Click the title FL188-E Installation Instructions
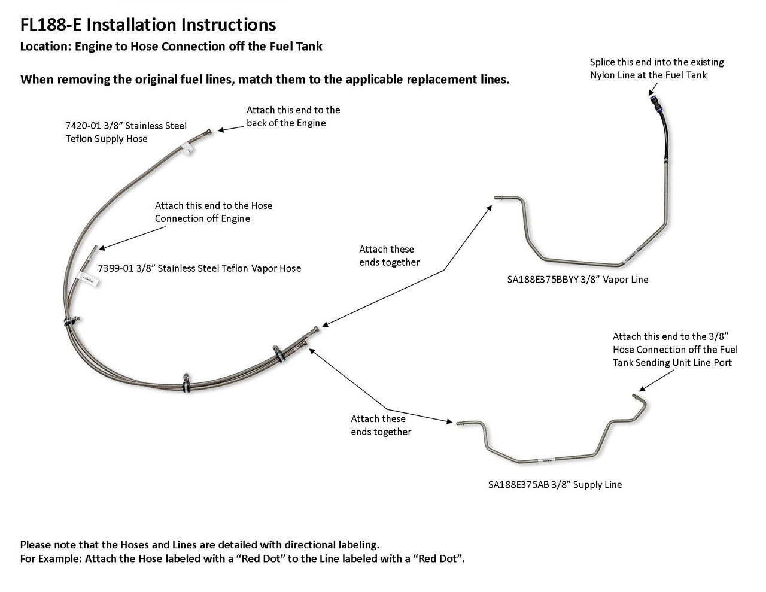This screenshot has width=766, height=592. click(148, 25)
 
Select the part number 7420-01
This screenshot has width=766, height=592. click(83, 126)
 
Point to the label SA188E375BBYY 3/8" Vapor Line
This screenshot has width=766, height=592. click(577, 279)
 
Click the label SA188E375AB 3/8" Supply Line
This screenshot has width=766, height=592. click(555, 484)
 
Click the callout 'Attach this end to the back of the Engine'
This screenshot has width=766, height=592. click(293, 116)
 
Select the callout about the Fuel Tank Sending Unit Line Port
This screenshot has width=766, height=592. click(675, 350)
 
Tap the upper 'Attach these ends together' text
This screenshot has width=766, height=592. click(389, 256)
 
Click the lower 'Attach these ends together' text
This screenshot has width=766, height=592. click(381, 425)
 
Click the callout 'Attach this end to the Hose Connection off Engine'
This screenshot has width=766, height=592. click(214, 212)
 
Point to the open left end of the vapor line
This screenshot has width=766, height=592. click(497, 198)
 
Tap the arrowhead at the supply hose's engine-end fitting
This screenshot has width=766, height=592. click(219, 129)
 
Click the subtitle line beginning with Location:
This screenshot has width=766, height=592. click(171, 47)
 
